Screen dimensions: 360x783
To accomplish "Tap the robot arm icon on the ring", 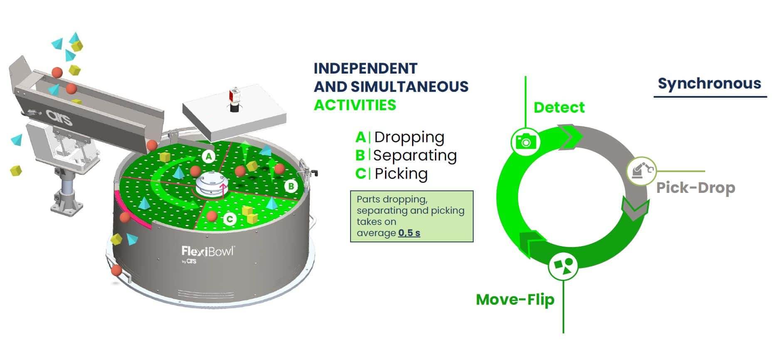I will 641,170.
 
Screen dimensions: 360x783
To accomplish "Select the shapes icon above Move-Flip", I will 563,265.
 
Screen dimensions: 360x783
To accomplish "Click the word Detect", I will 559,107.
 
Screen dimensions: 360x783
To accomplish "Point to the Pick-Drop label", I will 695,187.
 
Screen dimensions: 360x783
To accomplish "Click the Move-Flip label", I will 515,299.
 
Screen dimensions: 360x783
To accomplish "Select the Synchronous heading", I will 709,83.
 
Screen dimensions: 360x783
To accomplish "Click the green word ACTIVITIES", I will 355,105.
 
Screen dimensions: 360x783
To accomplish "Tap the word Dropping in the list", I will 409,137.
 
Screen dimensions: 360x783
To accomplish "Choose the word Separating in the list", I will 415,155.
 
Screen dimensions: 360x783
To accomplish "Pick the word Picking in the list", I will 401,174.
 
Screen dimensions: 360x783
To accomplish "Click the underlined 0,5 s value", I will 409,233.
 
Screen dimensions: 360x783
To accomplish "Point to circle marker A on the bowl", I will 209,156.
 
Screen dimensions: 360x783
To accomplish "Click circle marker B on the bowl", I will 291,186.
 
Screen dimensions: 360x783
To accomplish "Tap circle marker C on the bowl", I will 230,219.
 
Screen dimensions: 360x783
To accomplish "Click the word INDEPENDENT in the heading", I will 365,68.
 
